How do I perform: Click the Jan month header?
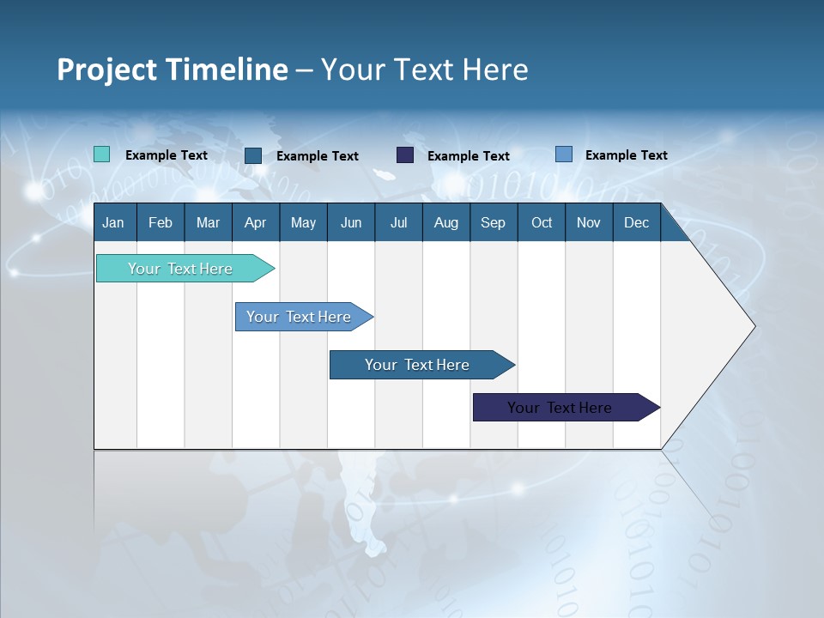click(113, 222)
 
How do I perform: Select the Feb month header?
click(161, 222)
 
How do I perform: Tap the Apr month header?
click(255, 222)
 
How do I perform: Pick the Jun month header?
click(351, 222)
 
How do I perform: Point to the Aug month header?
click(445, 222)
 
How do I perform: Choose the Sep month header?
click(493, 222)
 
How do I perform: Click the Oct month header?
click(542, 222)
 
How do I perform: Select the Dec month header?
click(636, 222)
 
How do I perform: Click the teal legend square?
click(101, 154)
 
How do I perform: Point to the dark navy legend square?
click(405, 154)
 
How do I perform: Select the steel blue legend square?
click(253, 155)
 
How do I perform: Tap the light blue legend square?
click(564, 154)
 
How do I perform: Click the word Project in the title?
click(107, 70)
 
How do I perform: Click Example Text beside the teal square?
click(167, 155)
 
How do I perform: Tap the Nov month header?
click(588, 222)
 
